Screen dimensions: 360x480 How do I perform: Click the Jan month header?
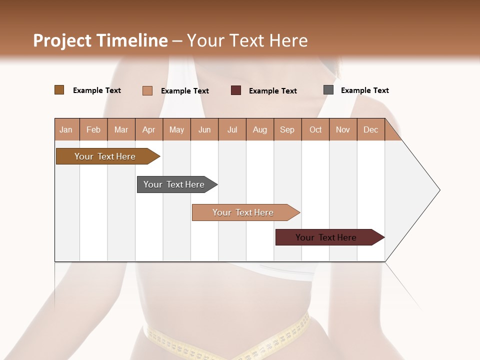click(66, 129)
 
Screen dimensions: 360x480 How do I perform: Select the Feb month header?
click(93, 129)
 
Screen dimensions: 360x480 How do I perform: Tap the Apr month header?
click(149, 129)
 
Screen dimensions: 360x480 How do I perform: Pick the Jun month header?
click(204, 129)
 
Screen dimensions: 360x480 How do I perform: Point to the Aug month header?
click(260, 129)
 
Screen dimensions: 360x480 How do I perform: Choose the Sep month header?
click(287, 129)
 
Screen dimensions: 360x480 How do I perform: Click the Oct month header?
click(315, 129)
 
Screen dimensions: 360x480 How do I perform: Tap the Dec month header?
click(371, 129)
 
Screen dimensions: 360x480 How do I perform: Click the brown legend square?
click(59, 90)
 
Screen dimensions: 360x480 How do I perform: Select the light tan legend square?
click(147, 90)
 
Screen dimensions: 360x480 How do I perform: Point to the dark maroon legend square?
click(236, 90)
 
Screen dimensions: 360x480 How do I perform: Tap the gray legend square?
click(328, 90)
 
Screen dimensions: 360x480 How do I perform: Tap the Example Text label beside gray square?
click(364, 90)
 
